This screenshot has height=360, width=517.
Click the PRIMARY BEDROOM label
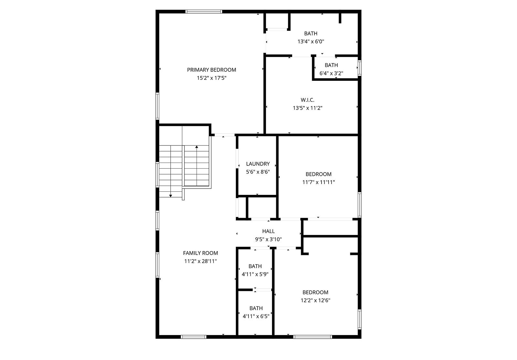point(211,70)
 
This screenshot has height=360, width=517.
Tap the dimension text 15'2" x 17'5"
point(211,78)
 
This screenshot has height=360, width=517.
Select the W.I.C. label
point(307,100)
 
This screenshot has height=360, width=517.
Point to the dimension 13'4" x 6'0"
point(311,42)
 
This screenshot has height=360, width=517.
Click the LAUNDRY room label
point(258,164)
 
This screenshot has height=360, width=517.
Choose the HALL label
point(269,231)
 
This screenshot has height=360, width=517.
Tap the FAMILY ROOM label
point(200,253)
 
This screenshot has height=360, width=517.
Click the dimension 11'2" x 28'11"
point(200,261)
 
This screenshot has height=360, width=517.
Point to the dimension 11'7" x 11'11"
point(319,182)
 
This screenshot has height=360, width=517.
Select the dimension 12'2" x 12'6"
point(315,301)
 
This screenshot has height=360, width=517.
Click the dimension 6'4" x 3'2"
point(331,73)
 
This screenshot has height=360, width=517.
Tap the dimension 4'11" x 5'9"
point(255,274)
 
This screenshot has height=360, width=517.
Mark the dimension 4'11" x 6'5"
point(256,316)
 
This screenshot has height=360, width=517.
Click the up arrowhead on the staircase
point(197,147)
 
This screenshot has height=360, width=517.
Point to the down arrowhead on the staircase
point(171,196)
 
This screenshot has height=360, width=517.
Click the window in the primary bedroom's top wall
point(204,12)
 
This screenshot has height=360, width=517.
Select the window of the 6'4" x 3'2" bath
point(359,68)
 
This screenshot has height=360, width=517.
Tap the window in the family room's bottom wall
point(194,337)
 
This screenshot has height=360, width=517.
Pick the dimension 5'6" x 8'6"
point(258,172)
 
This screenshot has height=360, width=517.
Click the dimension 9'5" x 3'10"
point(269,239)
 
